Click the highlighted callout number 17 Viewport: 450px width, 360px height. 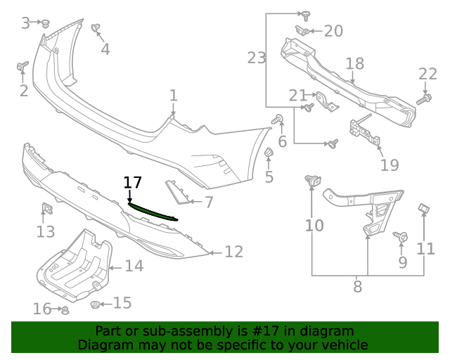(x=132, y=183)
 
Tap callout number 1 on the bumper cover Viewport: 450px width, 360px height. (x=173, y=96)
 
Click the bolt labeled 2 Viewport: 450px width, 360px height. (x=22, y=67)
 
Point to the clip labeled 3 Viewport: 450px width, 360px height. (x=46, y=23)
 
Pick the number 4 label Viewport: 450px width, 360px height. (x=105, y=49)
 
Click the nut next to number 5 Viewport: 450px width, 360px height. (x=268, y=153)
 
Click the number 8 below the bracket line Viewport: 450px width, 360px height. (x=357, y=286)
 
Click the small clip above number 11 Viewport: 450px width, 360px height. (x=425, y=208)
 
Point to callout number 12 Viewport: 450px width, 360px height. (x=233, y=251)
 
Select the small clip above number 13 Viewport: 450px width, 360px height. (x=47, y=209)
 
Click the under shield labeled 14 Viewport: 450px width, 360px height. (x=74, y=264)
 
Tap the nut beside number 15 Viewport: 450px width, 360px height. (x=95, y=304)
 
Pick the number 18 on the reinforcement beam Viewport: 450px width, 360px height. (x=354, y=64)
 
